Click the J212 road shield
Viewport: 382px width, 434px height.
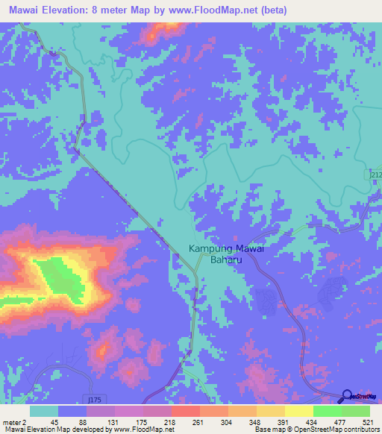[x=375, y=174]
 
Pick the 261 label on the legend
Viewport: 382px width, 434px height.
[x=198, y=421]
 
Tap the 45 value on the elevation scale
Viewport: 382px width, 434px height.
[x=54, y=421]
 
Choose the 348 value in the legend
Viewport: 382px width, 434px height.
[x=255, y=421]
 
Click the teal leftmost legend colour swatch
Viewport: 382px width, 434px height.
[x=43, y=411]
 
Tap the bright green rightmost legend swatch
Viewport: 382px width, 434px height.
[x=356, y=411]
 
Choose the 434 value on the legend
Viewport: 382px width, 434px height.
[x=312, y=421]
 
